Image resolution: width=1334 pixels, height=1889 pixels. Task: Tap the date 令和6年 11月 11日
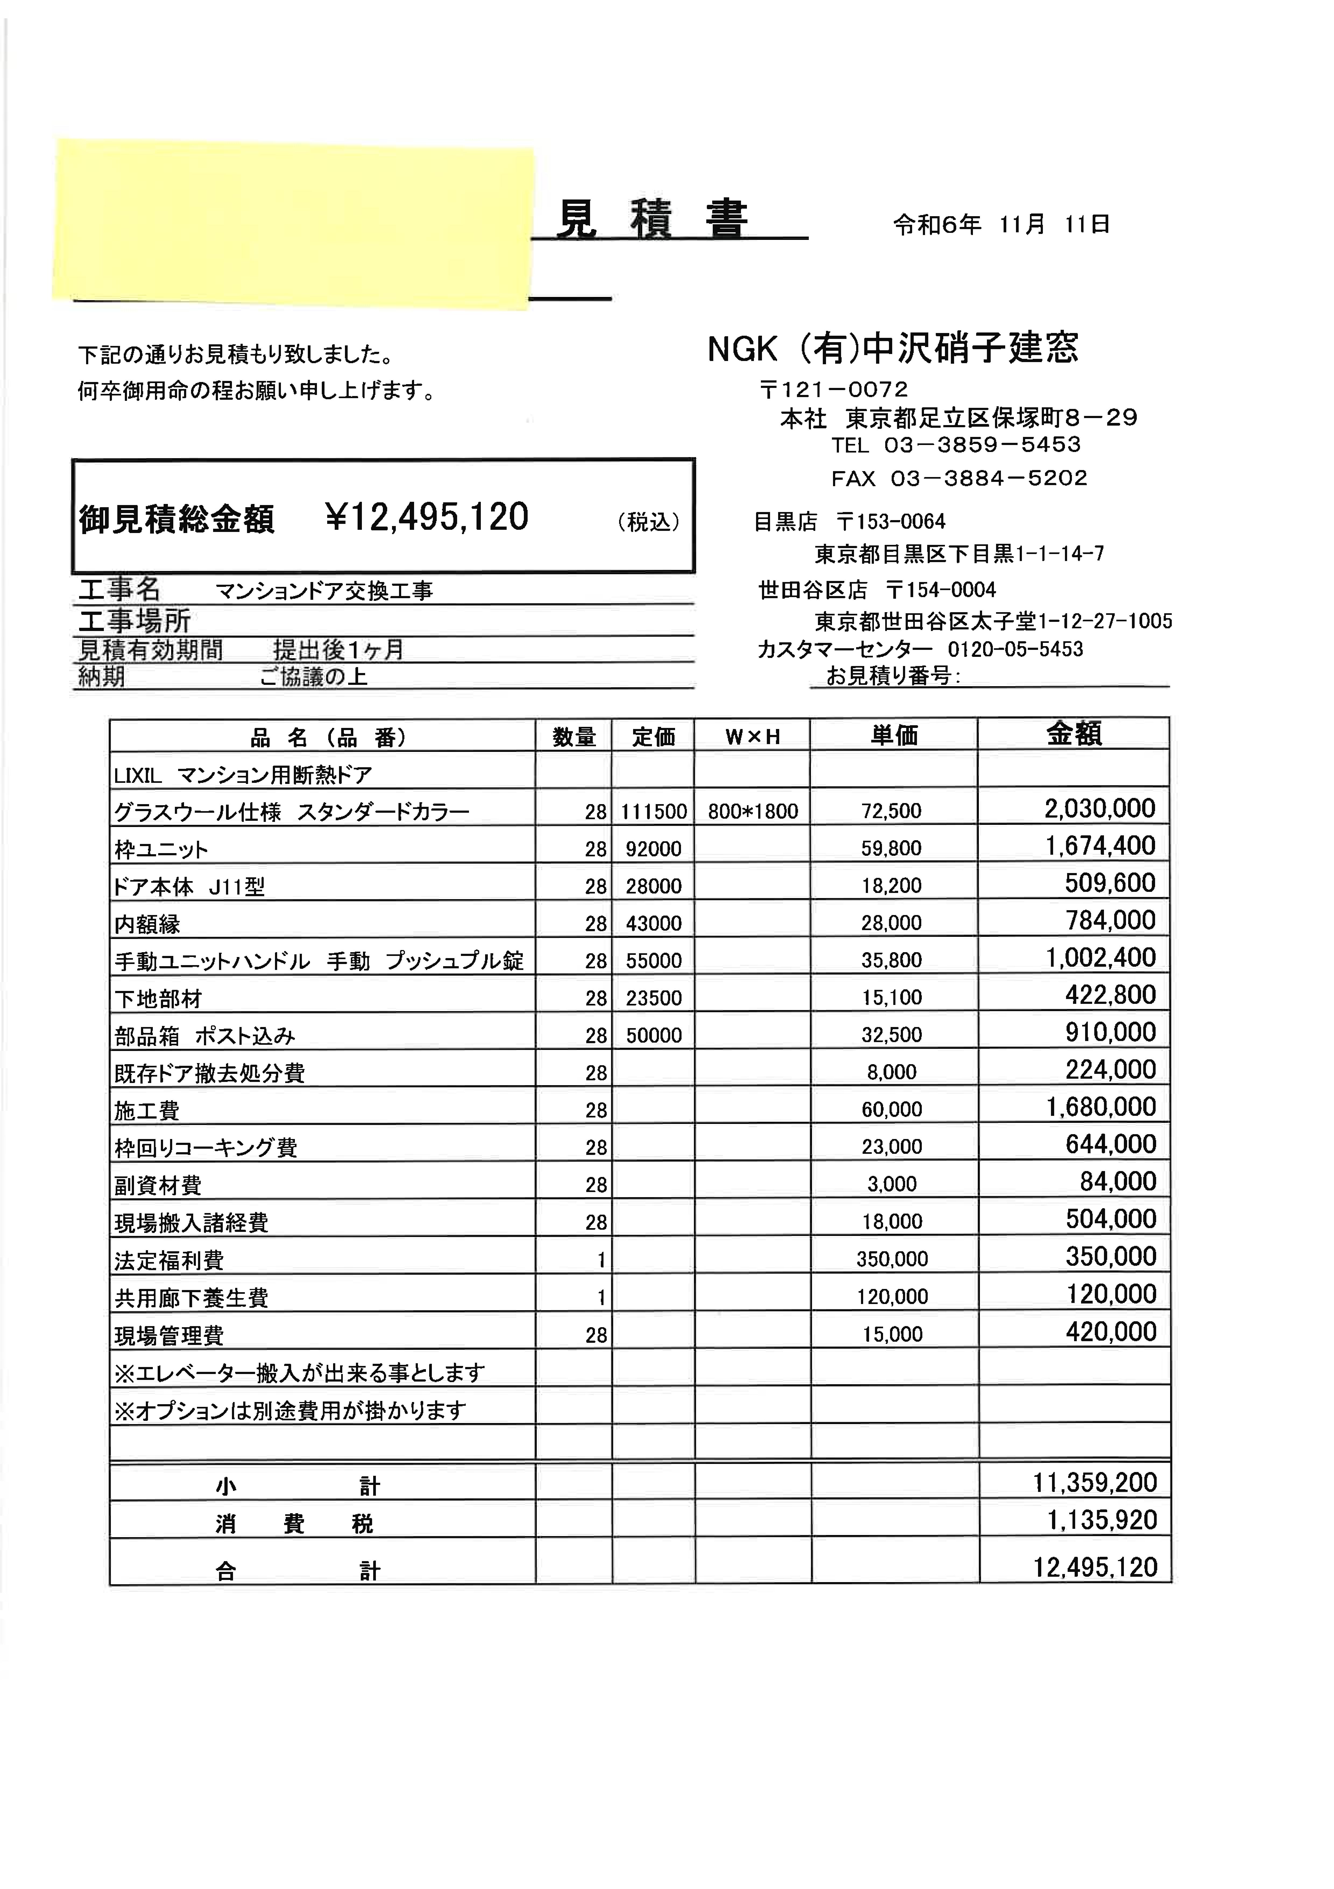click(x=1002, y=225)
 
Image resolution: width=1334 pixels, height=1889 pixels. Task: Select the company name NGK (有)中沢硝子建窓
click(x=892, y=349)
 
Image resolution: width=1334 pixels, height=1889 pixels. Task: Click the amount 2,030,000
click(x=1100, y=809)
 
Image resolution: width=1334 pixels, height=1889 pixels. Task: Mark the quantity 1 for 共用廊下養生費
click(x=601, y=1298)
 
